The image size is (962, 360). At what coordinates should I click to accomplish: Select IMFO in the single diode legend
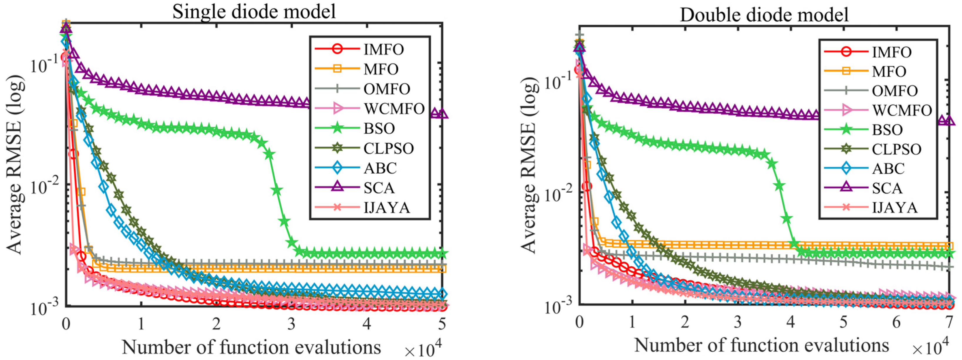(x=383, y=49)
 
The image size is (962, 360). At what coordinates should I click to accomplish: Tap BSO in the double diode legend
(x=887, y=129)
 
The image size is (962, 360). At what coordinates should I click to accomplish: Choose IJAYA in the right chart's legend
(x=894, y=207)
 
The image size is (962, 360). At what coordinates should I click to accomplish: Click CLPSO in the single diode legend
(x=388, y=148)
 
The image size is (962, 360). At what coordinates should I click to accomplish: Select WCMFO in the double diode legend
(x=902, y=110)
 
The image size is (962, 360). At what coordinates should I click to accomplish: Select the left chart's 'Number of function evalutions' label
(x=251, y=347)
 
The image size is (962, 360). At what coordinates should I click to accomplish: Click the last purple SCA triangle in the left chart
(x=442, y=114)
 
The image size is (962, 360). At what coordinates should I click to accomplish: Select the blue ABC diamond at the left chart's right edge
(x=442, y=294)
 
